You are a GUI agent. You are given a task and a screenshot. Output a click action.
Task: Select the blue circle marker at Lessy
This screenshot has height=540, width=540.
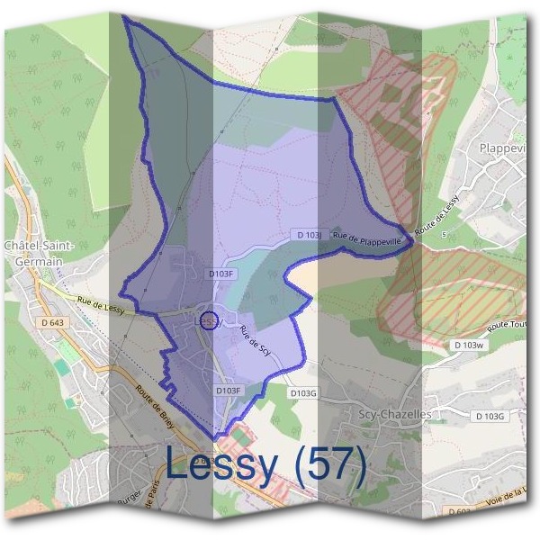tap(207, 319)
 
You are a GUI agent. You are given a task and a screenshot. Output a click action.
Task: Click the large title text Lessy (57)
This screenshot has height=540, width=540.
tap(267, 465)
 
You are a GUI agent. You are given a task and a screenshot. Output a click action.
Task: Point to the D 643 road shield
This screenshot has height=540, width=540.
tap(53, 322)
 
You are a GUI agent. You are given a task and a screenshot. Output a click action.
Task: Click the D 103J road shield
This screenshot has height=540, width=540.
tap(310, 235)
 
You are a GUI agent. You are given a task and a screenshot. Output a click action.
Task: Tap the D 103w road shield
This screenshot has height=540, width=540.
tap(468, 345)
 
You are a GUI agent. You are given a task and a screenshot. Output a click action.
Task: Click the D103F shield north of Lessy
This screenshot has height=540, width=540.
tap(221, 274)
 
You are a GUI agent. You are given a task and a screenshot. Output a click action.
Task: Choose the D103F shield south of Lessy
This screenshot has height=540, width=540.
tap(229, 391)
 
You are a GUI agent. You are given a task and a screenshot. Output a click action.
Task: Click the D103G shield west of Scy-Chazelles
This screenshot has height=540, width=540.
tap(304, 393)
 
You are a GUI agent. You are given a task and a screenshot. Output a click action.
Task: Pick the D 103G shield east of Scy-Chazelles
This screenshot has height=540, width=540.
tap(490, 415)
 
